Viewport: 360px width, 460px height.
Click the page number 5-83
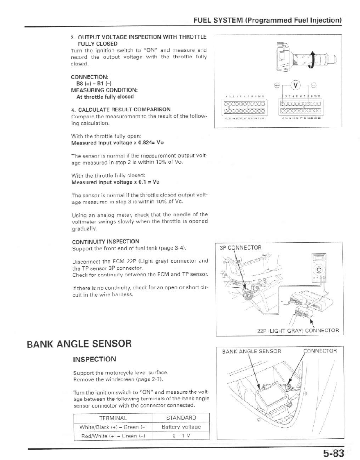click(x=333, y=453)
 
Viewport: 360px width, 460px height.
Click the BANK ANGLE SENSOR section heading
click(x=79, y=343)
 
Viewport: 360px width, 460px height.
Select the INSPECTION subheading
click(x=94, y=359)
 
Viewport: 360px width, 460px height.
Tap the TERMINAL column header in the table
click(x=113, y=418)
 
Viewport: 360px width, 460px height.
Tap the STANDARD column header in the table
click(x=181, y=418)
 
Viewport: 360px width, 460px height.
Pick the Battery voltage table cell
click(x=181, y=427)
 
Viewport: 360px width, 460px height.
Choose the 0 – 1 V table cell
click(x=181, y=435)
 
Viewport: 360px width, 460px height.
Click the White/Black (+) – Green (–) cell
click(x=113, y=427)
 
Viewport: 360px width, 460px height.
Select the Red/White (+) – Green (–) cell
click(x=113, y=435)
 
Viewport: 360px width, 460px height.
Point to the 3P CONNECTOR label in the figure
click(x=240, y=248)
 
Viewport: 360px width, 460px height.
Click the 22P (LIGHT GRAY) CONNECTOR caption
click(x=298, y=330)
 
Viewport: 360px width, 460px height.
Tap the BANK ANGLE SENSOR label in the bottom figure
click(x=251, y=351)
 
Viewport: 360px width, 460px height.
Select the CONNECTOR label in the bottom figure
click(x=320, y=351)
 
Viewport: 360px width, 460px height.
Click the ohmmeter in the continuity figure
click(x=318, y=268)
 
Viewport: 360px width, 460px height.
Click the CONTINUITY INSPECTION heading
click(x=105, y=241)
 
